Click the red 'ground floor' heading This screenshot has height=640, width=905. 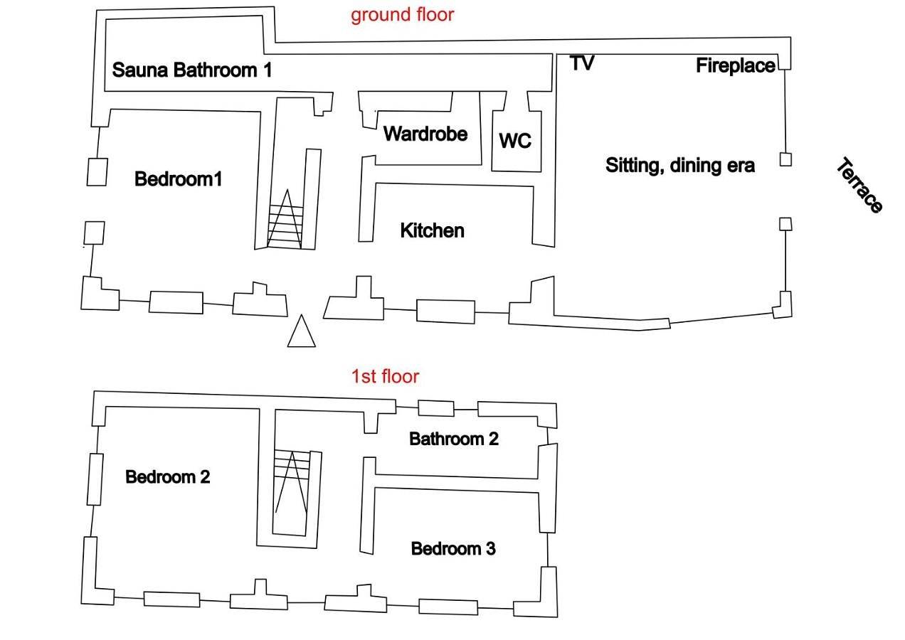coord(403,16)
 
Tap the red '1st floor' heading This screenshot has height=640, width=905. coord(385,376)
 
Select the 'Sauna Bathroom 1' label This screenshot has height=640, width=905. coord(192,70)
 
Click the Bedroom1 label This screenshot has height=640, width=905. coord(178,179)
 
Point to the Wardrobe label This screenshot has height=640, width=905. coord(425,134)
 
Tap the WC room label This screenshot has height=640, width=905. coord(515,141)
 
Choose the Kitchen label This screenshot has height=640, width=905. coord(433,230)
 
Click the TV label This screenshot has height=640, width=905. coord(582,63)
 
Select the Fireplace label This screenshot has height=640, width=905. coord(736,65)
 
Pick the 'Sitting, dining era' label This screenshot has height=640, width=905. coord(680,166)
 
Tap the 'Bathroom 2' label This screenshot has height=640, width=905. coord(454,439)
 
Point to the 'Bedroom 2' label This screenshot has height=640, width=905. coord(168,477)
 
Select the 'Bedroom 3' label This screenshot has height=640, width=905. coord(453,549)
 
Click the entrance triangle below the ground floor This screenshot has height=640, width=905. coord(302,331)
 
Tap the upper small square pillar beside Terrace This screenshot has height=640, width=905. coord(785,159)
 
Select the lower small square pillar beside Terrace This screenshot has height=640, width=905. coord(785,224)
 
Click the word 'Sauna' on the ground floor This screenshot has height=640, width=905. coord(139,70)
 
